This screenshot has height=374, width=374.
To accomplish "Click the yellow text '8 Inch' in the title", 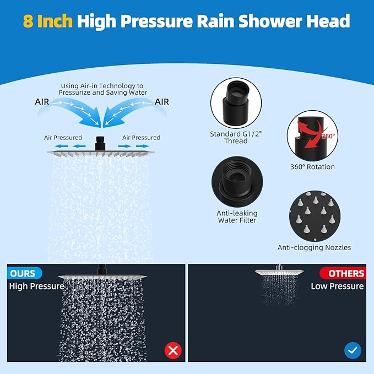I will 48,21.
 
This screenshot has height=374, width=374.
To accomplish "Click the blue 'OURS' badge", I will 23,273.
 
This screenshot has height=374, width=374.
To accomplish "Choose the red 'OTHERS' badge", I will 343,273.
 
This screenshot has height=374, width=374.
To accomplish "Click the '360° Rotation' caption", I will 312,167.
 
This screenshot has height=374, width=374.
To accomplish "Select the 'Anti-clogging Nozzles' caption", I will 314,248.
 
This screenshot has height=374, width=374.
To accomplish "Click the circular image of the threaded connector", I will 235,102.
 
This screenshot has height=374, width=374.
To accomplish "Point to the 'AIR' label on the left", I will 45,102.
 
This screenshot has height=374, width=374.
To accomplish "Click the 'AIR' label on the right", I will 161,102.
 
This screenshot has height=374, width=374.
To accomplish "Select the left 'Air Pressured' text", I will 63,137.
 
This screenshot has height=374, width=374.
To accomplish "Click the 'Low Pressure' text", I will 337,286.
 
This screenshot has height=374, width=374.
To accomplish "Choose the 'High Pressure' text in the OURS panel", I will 36,286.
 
